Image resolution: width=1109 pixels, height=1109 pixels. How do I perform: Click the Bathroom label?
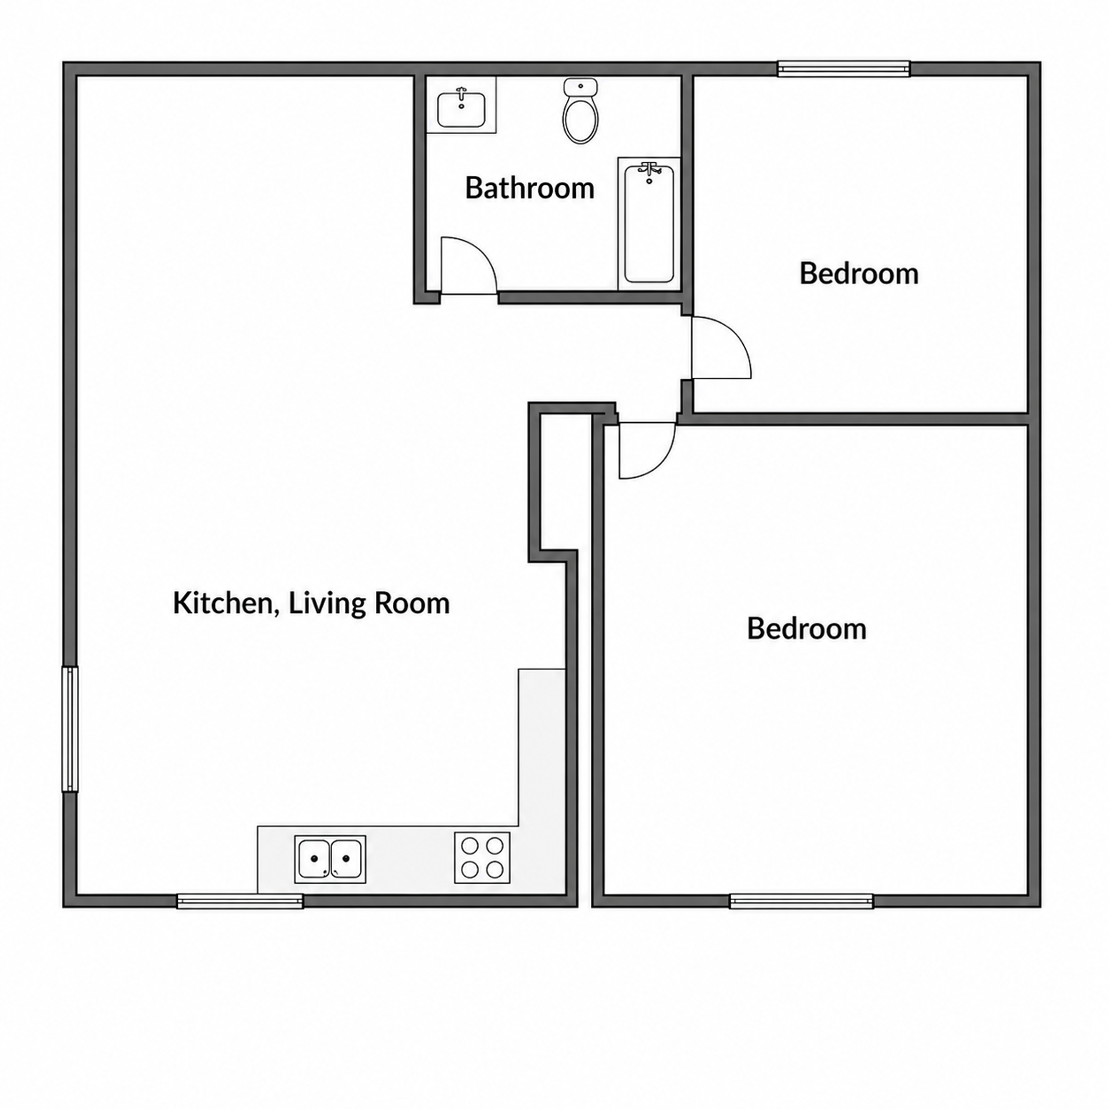click(530, 188)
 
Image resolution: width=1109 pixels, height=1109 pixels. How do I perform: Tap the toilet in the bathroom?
click(580, 111)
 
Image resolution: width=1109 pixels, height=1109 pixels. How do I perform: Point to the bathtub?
click(649, 223)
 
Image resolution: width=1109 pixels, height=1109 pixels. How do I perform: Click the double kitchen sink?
click(330, 859)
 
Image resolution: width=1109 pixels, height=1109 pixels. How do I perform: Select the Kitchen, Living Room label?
click(311, 604)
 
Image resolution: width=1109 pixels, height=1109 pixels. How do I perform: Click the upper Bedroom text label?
click(859, 274)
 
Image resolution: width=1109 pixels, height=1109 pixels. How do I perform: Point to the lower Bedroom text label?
click(806, 629)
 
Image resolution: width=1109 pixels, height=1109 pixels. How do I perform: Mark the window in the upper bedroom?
click(844, 69)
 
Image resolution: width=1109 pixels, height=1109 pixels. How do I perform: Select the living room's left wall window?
click(70, 730)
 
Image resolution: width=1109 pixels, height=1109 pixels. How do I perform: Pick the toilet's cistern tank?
click(580, 87)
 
